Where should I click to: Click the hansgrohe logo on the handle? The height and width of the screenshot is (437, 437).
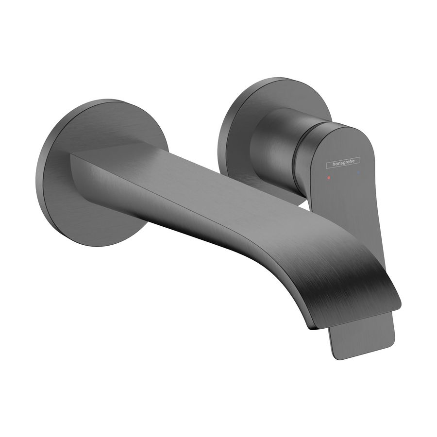coord(343,164)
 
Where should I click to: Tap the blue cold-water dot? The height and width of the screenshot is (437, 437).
coord(358,172)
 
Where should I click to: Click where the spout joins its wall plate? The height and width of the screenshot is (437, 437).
coord(78,165)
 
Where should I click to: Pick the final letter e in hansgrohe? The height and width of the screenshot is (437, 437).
coord(359,160)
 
